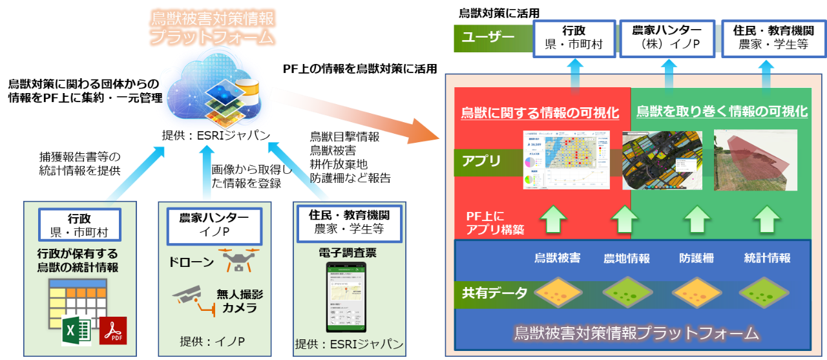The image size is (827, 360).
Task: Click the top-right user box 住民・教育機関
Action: pos(764,37)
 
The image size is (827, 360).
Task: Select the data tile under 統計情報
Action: pos(767,292)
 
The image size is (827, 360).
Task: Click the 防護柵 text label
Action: pos(697,258)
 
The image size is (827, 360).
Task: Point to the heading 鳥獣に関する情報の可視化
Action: pos(540,112)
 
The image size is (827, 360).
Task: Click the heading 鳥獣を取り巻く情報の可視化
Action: pos(722,111)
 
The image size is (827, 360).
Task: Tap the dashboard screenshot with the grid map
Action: pos(566,160)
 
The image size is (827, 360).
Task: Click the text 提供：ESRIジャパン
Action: pos(349,344)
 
